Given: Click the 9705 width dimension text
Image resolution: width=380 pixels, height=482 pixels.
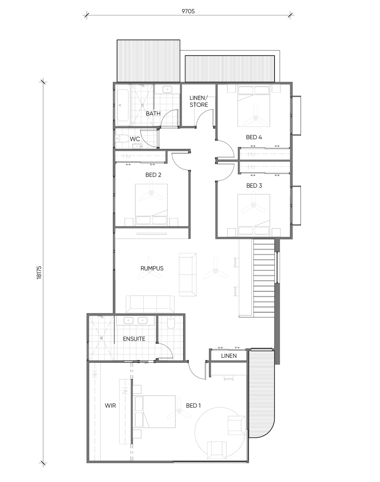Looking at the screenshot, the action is (188, 11).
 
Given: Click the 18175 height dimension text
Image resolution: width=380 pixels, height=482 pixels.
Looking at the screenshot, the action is (39, 272).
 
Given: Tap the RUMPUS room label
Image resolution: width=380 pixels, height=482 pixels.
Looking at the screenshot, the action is (152, 268).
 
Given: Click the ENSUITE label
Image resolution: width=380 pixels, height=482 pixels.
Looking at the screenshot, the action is (134, 339).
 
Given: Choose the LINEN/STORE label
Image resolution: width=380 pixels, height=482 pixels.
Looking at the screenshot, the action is (199, 101).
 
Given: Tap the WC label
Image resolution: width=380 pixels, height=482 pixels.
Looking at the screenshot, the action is (135, 139).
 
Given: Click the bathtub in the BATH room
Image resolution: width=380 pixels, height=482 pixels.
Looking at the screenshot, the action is (123, 105).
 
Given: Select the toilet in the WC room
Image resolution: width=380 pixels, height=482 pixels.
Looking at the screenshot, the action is (122, 139).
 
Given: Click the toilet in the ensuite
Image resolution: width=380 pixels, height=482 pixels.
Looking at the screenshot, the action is (171, 323).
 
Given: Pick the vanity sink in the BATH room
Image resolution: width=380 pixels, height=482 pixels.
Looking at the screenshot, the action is (167, 90).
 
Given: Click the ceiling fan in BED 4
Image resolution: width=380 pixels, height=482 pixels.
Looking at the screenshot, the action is (255, 117).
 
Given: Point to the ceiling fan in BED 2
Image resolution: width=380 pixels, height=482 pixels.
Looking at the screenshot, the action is (152, 192).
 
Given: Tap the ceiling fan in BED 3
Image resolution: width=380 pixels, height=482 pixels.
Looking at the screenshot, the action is (253, 204).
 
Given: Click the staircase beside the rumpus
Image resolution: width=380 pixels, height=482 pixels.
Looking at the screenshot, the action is (264, 278).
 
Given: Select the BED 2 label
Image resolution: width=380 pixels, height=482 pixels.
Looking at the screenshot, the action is (153, 175).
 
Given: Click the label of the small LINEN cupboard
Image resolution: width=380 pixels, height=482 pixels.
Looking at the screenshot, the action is (229, 356).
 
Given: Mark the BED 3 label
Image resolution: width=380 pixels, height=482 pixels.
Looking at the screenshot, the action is (254, 186).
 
